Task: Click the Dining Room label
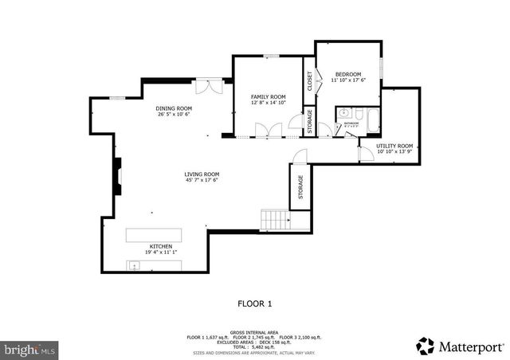[174, 108]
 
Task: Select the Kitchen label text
[161, 247]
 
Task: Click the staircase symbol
[274, 218]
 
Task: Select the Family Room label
[268, 96]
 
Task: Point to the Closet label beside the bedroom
[309, 82]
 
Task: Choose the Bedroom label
[347, 74]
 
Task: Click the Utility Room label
[394, 146]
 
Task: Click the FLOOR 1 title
[255, 303]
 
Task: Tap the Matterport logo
[461, 346]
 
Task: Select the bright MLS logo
[30, 349]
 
